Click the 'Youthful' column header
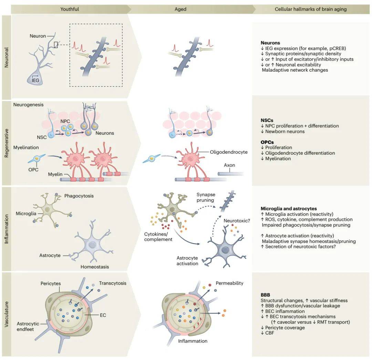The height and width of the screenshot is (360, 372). [70, 9]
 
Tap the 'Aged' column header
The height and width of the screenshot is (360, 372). [180, 9]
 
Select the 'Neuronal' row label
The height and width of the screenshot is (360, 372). [7, 57]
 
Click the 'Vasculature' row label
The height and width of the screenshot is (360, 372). [7, 314]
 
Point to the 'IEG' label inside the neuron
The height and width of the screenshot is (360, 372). [35, 80]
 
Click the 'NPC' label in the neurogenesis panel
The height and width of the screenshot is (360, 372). [65, 121]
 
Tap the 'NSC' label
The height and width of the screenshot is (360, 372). [42, 137]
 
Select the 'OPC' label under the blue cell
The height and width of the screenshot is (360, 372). [33, 170]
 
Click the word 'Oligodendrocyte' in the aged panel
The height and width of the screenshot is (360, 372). [229, 152]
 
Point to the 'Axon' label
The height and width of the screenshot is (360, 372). [229, 165]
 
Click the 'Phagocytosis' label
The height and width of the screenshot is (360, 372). [79, 196]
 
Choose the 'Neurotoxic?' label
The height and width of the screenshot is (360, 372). [237, 221]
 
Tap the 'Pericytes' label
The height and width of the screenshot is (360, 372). [51, 284]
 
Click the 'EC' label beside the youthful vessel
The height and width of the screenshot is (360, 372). [103, 315]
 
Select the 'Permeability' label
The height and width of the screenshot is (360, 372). [229, 283]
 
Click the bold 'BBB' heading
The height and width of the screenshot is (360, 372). [265, 295]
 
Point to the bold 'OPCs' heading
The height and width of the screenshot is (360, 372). [267, 142]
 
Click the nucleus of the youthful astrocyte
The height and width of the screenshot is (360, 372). [92, 245]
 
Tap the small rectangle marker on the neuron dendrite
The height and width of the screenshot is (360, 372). [56, 45]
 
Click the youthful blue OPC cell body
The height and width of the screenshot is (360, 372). [37, 158]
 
